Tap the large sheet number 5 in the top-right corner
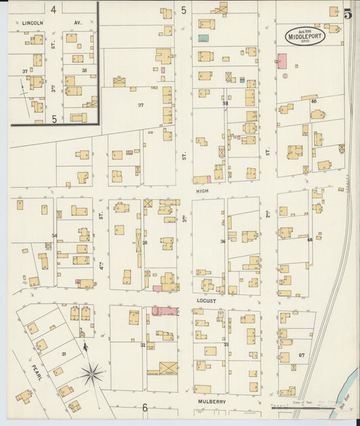click(x=347, y=14)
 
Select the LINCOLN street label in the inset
click(x=32, y=23)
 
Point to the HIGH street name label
click(x=203, y=191)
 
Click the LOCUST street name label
click(x=205, y=300)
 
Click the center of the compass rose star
click(x=92, y=372)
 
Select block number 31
click(x=63, y=354)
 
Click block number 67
click(x=301, y=355)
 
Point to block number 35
click(x=144, y=242)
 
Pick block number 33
click(x=226, y=344)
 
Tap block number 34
click(x=54, y=236)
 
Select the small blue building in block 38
click(x=242, y=80)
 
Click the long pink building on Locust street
click(x=165, y=311)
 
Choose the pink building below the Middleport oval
click(x=282, y=61)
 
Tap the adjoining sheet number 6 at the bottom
click(x=145, y=407)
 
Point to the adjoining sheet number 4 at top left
click(x=53, y=9)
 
